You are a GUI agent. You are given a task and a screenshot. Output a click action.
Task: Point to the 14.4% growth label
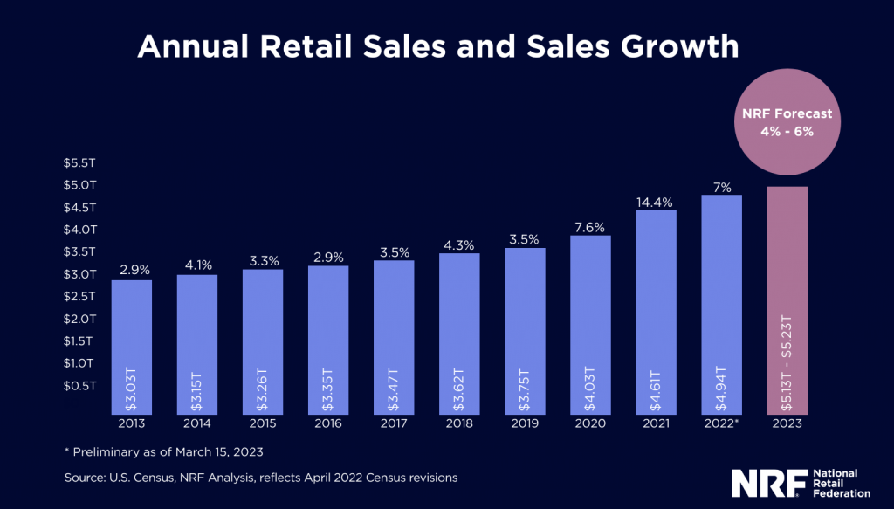pos(656,202)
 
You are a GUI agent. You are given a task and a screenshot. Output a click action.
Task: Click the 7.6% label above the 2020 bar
pos(590,227)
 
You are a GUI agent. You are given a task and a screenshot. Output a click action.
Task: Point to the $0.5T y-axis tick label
pos(79,385)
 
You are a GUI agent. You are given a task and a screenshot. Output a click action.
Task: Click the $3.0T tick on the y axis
pos(79,274)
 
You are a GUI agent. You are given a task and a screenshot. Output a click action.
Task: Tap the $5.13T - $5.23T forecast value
pos(787,362)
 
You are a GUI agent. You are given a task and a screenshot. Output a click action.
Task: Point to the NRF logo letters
pos(760,482)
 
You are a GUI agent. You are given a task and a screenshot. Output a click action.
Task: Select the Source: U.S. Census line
pos(261,478)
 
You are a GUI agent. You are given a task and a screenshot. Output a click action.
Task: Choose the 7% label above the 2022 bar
pos(721,187)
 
